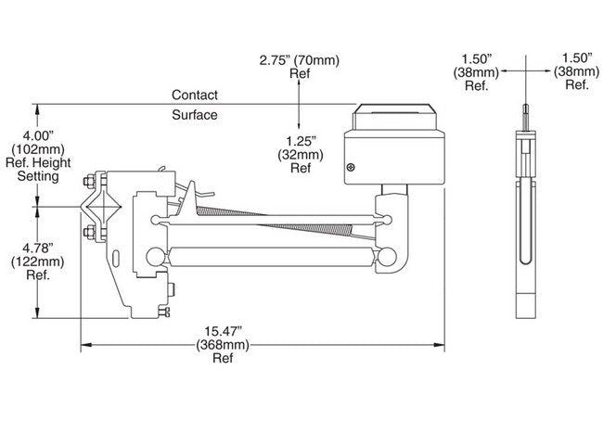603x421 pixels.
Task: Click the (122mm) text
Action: pos(40,261)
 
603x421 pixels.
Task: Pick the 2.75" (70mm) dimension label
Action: pos(299,61)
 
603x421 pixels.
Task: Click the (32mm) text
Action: pos(301,155)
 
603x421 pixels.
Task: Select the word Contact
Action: pos(195,95)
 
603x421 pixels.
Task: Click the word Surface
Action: pos(195,115)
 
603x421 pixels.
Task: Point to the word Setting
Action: pos(39,176)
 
